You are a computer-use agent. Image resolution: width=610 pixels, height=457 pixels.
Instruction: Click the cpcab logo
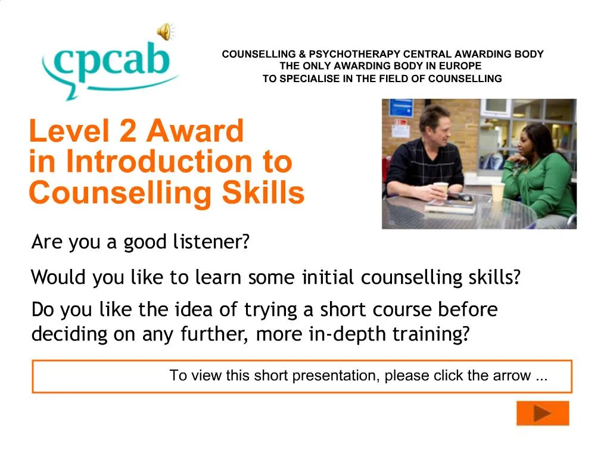[x=109, y=68]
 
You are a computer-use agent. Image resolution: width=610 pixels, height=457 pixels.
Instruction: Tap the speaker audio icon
[x=166, y=31]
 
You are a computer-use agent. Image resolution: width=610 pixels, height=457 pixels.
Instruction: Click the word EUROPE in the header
[x=460, y=65]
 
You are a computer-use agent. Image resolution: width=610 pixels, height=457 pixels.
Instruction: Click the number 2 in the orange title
[x=127, y=131]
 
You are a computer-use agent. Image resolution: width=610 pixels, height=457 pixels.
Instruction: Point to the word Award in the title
[x=195, y=131]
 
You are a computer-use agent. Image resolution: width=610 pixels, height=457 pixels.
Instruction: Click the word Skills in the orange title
[x=263, y=192]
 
